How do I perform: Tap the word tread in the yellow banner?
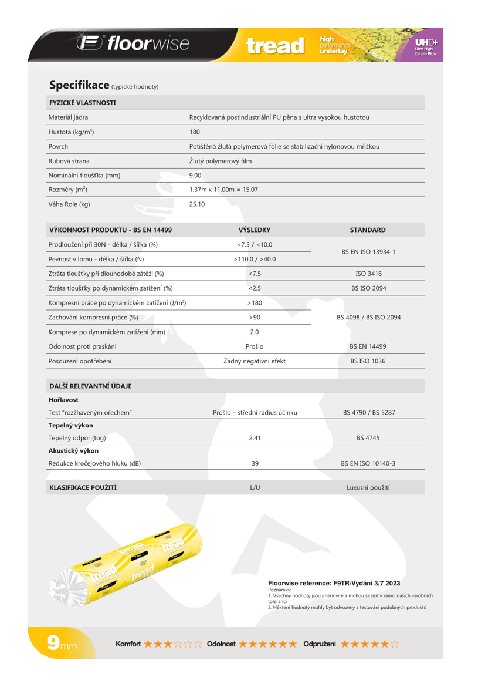click(276, 46)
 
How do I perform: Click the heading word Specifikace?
click(79, 85)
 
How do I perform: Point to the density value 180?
click(195, 132)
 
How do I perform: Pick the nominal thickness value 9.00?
click(195, 175)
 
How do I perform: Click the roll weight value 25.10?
click(197, 204)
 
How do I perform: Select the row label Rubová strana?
click(69, 160)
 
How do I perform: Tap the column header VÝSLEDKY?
click(255, 230)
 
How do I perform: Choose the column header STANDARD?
click(368, 230)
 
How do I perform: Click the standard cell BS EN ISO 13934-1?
click(368, 251)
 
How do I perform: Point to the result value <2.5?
click(255, 288)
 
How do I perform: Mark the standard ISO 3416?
click(368, 274)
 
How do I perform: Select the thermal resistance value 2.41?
click(255, 438)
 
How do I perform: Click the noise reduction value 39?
click(255, 463)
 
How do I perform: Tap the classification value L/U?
click(255, 487)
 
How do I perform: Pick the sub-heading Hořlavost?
click(63, 400)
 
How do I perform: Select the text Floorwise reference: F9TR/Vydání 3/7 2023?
click(334, 583)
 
